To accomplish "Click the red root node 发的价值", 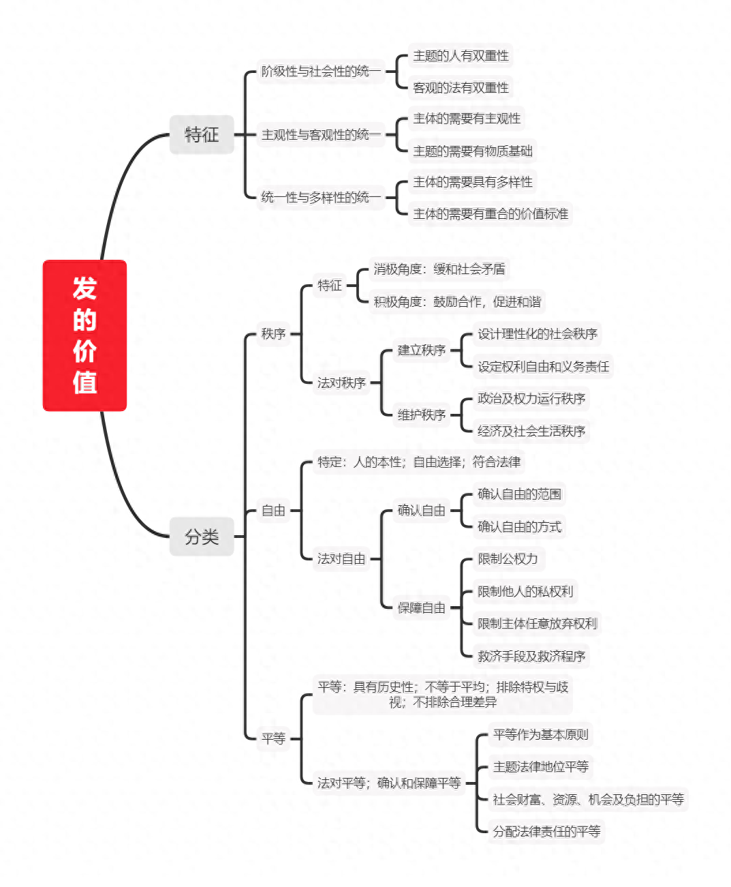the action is [84, 335].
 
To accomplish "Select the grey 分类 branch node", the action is [202, 537].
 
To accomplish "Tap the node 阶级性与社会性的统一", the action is [321, 72].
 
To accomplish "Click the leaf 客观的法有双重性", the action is [461, 88].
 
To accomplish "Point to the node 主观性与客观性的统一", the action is [321, 135].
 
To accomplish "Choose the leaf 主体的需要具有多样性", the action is [473, 182].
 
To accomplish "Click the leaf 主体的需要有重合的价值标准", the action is [491, 213].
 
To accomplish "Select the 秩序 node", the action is [273, 334].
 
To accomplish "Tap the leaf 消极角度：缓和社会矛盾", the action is [439, 269].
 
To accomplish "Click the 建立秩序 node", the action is [422, 350].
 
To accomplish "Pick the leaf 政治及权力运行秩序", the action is [531, 398].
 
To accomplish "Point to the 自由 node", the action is [273, 510].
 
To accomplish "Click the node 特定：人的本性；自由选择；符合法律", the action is [419, 462].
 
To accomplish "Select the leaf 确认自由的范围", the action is [520, 494].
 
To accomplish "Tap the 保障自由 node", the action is [422, 607].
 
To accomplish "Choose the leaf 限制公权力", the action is [508, 558].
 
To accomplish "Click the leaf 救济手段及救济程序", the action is [531, 656].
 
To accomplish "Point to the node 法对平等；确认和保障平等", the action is [389, 783].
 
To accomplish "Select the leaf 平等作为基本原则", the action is [541, 734].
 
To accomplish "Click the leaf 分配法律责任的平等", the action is [547, 831].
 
